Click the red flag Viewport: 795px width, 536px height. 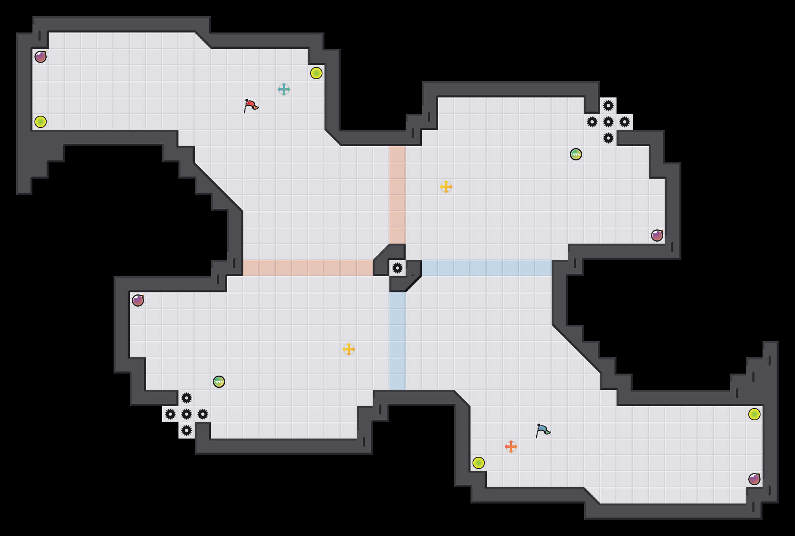click(251, 106)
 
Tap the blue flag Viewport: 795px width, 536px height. click(543, 430)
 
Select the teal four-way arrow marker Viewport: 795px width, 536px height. click(284, 89)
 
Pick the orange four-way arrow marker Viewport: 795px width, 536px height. click(511, 447)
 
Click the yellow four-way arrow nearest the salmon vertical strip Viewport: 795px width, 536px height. click(446, 187)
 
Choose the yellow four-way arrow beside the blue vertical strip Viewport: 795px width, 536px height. click(349, 349)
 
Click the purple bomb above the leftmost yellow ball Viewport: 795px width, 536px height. click(41, 57)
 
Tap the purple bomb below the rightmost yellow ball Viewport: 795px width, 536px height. click(754, 479)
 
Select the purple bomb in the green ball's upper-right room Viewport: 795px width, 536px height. click(657, 236)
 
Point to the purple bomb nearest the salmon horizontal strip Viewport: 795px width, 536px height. click(138, 300)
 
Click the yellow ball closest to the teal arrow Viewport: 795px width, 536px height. click(316, 73)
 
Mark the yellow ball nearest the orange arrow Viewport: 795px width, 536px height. click(479, 463)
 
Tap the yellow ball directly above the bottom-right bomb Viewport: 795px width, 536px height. click(754, 414)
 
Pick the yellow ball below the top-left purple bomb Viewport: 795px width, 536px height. click(41, 122)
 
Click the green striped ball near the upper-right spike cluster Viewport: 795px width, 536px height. click(576, 154)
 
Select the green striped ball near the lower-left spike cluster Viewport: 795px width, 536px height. click(219, 382)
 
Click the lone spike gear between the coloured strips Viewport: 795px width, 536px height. click(397, 268)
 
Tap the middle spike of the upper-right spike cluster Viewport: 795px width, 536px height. click(608, 122)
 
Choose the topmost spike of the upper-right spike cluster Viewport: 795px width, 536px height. click(608, 106)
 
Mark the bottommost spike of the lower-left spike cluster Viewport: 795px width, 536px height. click(187, 430)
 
